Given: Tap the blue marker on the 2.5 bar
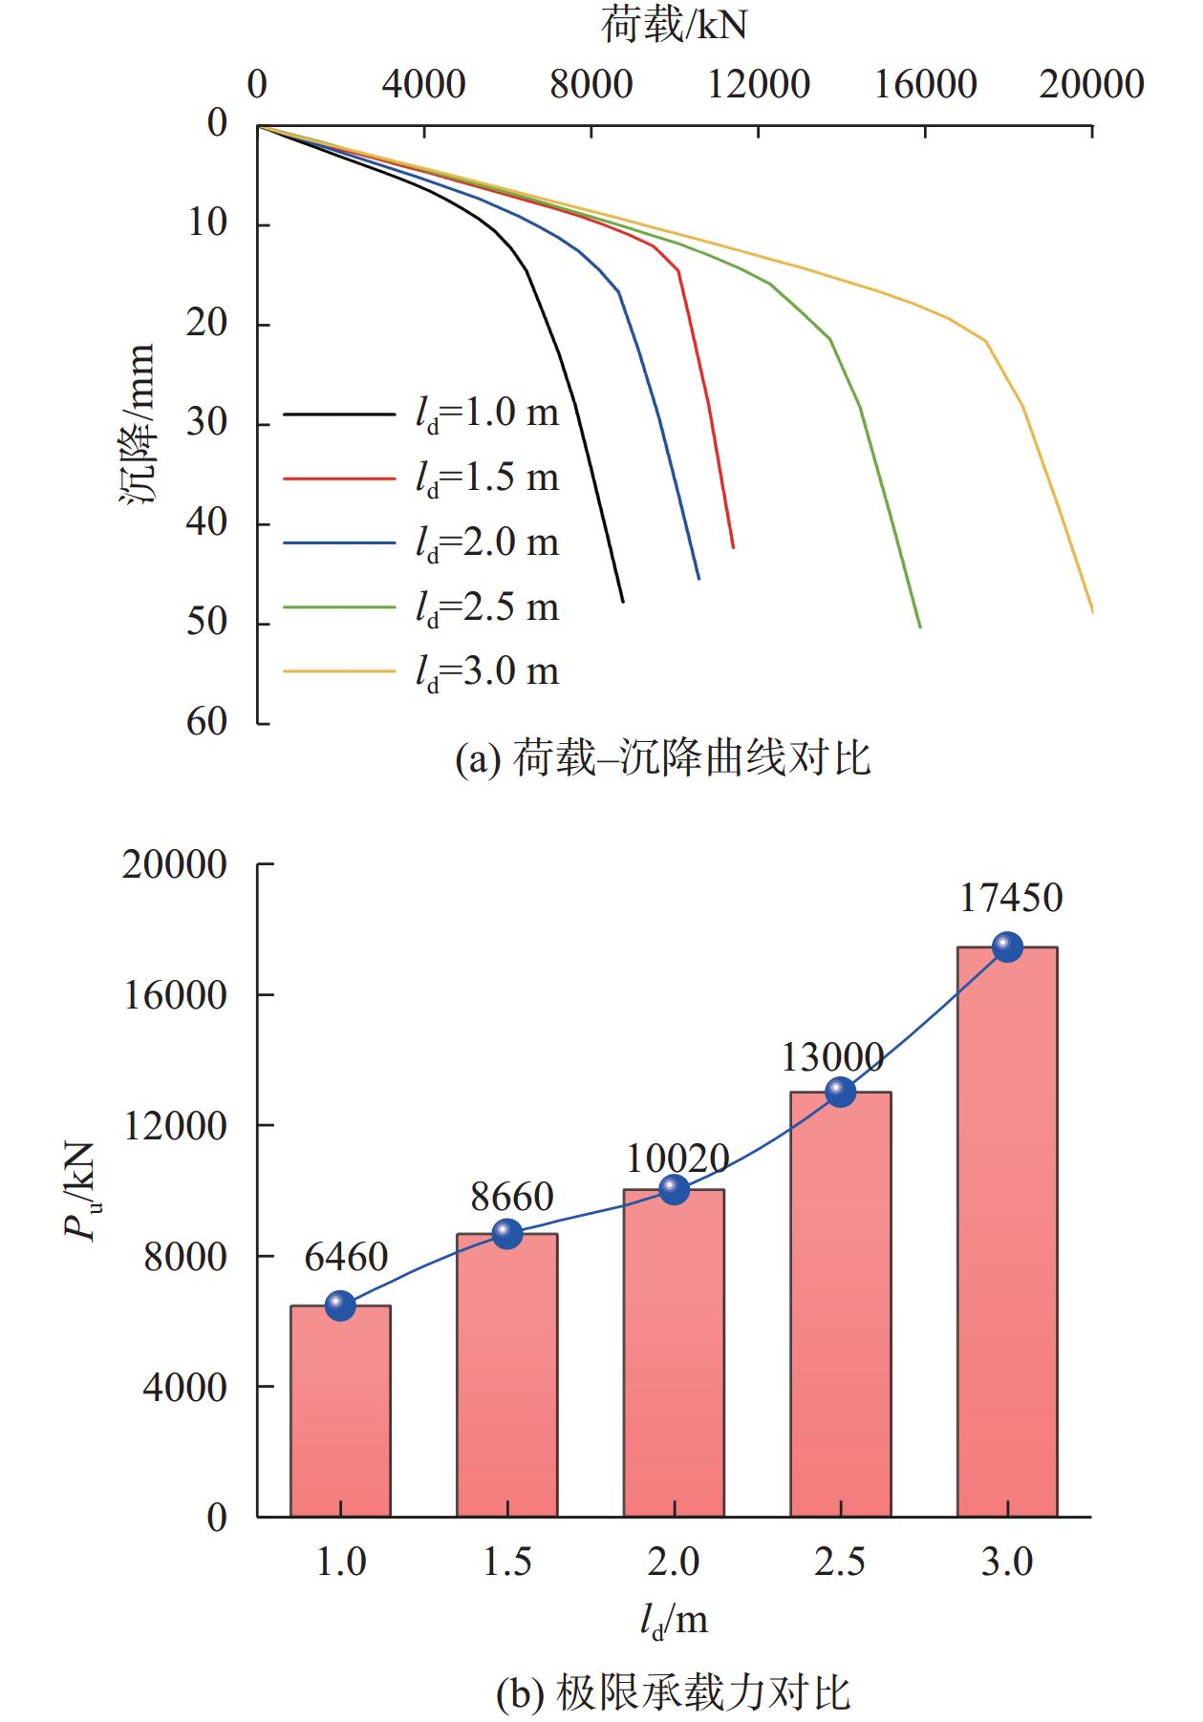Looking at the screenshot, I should (x=840, y=1091).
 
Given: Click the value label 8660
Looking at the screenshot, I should (x=512, y=1197).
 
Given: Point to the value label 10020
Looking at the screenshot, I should (x=677, y=1159).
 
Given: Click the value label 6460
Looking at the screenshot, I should (x=346, y=1257).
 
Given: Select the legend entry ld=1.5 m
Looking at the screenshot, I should (x=487, y=478).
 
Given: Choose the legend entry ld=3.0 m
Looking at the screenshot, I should (x=487, y=671).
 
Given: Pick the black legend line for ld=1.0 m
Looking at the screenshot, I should (x=339, y=415).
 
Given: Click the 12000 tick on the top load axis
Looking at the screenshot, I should (x=759, y=85).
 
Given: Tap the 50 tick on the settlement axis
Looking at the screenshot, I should (x=206, y=623).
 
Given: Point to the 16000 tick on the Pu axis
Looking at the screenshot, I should (x=175, y=995).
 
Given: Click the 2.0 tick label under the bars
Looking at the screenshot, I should (x=674, y=1562).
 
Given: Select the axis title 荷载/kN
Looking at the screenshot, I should (x=674, y=26).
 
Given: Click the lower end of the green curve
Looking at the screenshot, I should (x=919, y=627).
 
